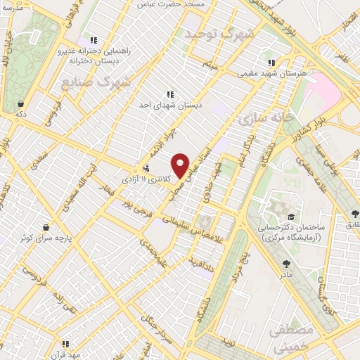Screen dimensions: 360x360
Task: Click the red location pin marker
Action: pos(181,165)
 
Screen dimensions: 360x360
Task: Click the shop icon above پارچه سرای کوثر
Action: pos(46,227)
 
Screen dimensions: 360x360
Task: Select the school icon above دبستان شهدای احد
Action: pos(169,94)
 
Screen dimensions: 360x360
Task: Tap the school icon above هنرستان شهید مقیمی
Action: pos(271,63)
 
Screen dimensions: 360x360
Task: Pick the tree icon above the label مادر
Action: pos(286,264)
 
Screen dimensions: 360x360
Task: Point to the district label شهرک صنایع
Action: pos(105,83)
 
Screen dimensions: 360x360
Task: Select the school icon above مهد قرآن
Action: pos(65,344)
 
